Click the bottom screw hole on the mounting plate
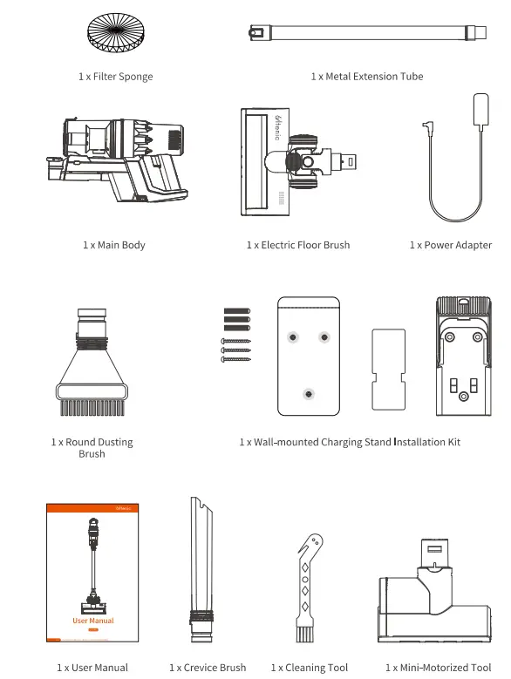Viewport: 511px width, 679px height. click(308, 394)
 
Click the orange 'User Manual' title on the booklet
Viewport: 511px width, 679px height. click(92, 621)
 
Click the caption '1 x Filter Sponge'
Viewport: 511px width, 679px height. click(116, 77)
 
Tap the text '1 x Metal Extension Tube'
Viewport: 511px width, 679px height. click(366, 77)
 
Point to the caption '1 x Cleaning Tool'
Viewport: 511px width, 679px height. click(310, 668)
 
